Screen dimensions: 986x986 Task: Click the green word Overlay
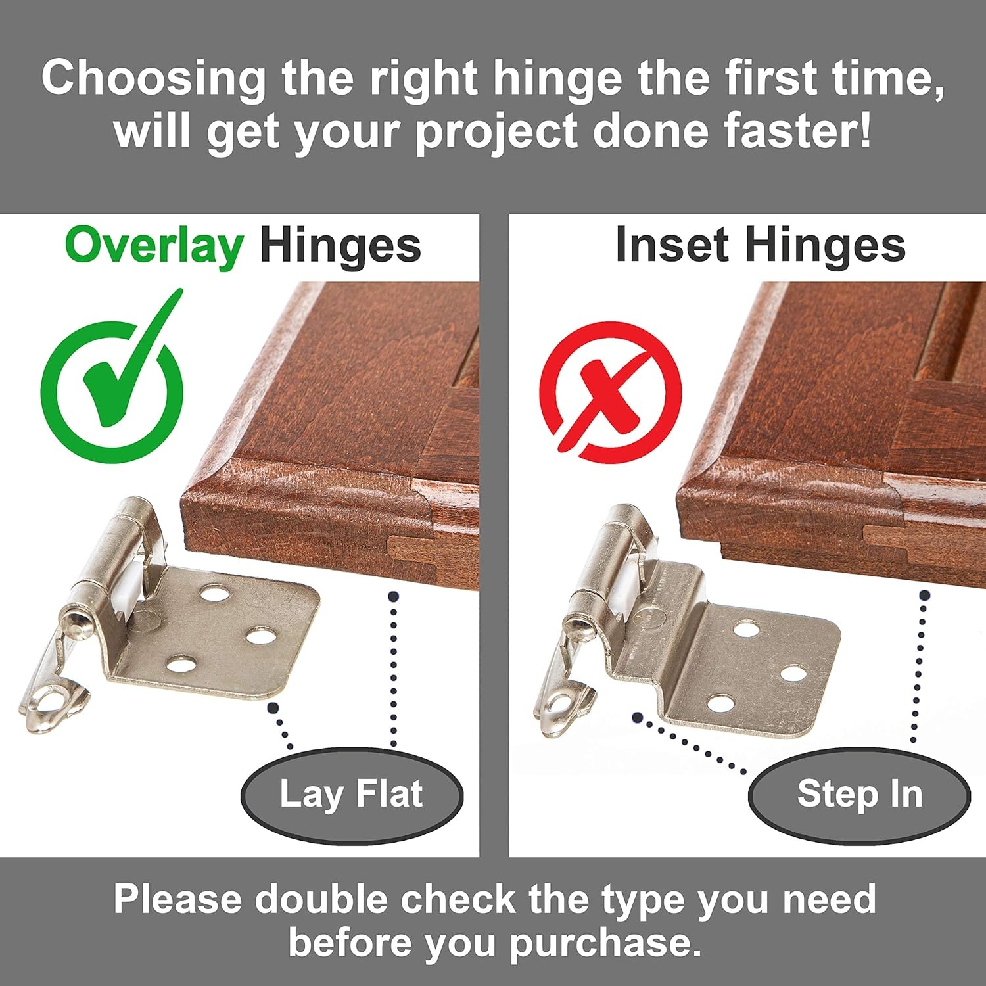coord(154,246)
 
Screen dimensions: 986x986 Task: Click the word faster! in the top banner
coord(798,131)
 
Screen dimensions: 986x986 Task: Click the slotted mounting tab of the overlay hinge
coord(54,699)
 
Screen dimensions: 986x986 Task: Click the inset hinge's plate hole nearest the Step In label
coord(721,705)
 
